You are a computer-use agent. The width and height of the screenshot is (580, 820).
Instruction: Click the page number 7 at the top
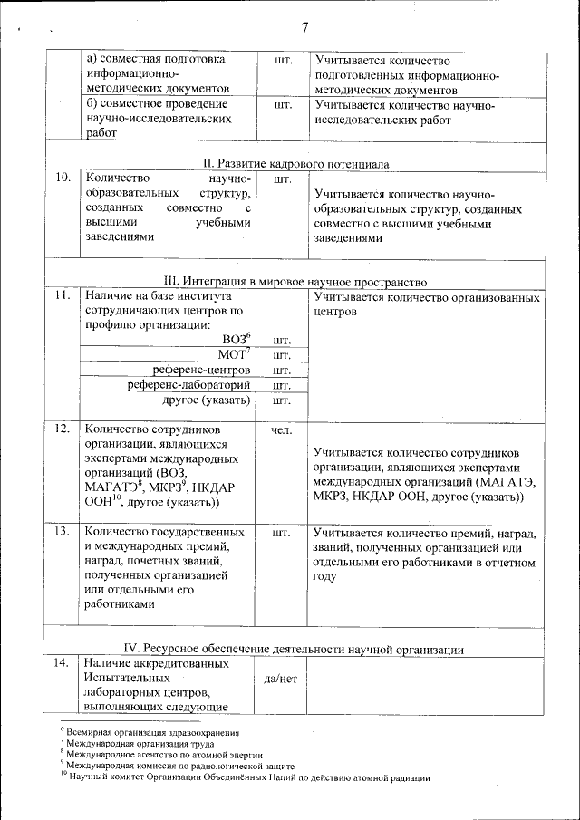(304, 27)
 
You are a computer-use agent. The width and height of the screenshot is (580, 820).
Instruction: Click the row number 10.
(63, 178)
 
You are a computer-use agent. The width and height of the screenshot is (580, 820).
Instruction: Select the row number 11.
(63, 296)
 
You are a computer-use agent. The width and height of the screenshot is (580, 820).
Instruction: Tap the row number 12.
(63, 429)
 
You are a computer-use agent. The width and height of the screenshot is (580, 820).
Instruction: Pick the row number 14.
(63, 664)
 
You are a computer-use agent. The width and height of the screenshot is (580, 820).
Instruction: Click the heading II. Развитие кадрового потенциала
(295, 164)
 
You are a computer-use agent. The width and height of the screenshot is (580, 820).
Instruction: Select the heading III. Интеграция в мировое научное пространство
(295, 282)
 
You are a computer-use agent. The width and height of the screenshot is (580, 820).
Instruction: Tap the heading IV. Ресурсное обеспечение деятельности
(295, 650)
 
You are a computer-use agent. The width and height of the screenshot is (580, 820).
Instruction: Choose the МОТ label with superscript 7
(234, 354)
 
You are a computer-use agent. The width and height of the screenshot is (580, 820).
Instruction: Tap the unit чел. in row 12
(281, 429)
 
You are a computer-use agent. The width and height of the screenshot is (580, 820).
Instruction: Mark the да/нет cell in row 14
(281, 679)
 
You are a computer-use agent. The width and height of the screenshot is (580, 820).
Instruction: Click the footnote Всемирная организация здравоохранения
(150, 731)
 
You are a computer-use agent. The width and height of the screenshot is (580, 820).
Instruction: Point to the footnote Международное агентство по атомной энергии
(163, 754)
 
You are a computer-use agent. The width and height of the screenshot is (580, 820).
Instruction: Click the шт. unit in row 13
(281, 533)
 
